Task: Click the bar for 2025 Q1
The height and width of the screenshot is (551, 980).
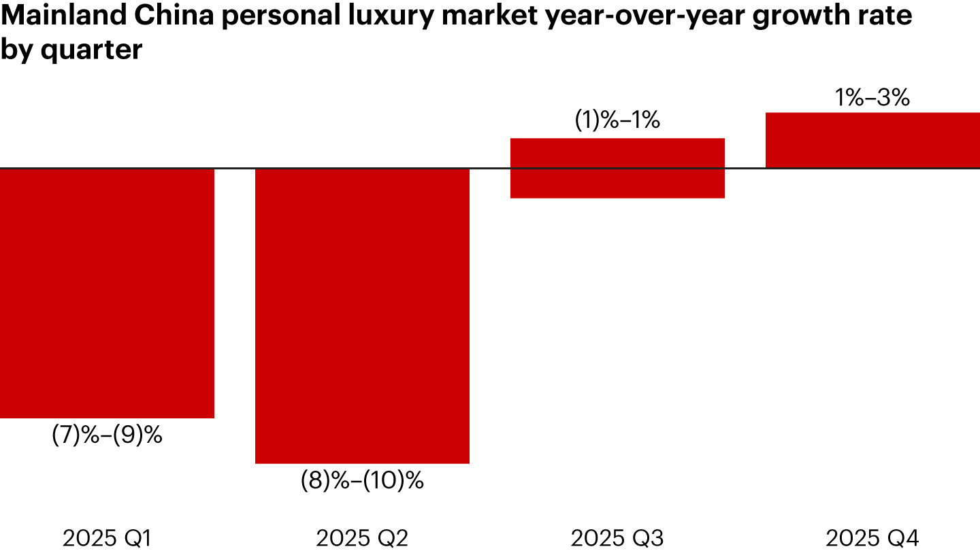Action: (x=107, y=293)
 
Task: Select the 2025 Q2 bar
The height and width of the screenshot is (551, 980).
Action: (x=362, y=316)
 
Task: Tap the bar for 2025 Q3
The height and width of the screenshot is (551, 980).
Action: (x=617, y=168)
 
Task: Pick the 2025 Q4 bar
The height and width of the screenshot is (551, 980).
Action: (x=872, y=140)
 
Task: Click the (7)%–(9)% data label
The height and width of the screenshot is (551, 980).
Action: (x=107, y=435)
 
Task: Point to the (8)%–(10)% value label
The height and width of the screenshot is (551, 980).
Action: (x=362, y=481)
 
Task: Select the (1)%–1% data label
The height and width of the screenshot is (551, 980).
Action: (x=617, y=120)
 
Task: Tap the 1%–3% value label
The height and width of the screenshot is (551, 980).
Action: (x=872, y=98)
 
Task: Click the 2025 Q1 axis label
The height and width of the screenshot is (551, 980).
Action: (x=107, y=539)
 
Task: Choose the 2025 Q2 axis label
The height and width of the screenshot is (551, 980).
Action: (x=362, y=539)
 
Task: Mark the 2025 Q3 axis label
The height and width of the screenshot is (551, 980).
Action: (x=617, y=539)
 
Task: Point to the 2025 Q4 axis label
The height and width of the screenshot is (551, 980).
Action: (x=872, y=539)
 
